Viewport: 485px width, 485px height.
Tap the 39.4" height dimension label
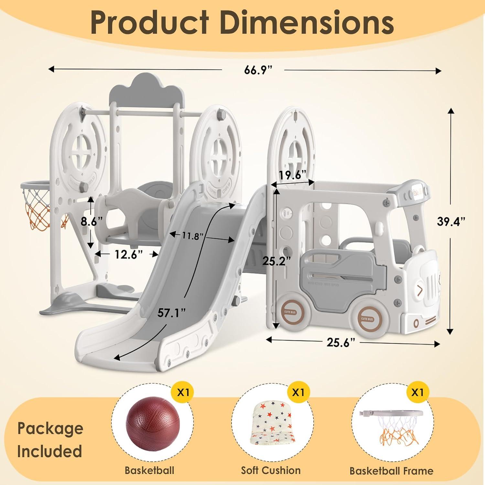click(451, 222)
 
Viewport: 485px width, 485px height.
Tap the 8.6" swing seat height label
click(92, 222)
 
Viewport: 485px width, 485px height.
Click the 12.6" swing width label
click(129, 254)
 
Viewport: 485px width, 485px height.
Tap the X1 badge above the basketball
click(183, 393)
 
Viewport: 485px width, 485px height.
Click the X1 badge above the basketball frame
click(417, 393)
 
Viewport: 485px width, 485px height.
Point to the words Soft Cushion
click(271, 470)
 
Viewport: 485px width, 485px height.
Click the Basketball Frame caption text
click(391, 471)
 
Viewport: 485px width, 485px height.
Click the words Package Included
click(50, 440)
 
